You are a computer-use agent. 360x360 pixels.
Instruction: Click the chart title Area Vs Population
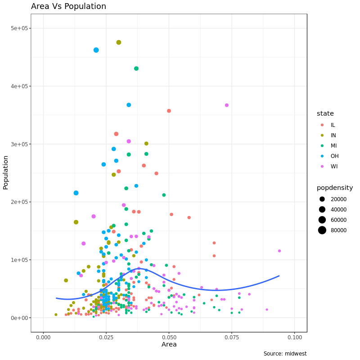tap(68, 6)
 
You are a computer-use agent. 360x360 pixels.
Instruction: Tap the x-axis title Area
tap(169, 344)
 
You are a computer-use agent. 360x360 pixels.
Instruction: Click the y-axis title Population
tap(6, 172)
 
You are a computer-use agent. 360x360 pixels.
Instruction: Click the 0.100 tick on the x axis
tap(294, 337)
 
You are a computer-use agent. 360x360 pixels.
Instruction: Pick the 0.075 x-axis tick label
tap(232, 337)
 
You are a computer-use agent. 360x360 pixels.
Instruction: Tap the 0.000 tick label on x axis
tap(43, 337)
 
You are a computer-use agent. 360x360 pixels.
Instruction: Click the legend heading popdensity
tap(334, 188)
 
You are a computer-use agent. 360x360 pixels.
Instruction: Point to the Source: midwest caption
tap(285, 354)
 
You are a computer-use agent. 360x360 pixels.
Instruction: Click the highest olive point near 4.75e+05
tap(119, 42)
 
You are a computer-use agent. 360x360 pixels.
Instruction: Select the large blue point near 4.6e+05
tap(96, 50)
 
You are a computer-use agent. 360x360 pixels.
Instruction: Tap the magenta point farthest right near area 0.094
tap(279, 251)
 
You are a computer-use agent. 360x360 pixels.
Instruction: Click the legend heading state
tap(325, 113)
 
